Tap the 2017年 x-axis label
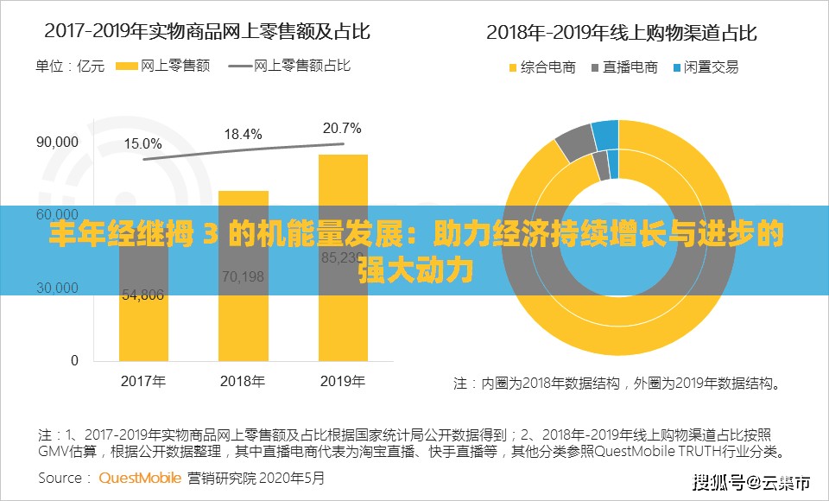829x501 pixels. [x=143, y=381]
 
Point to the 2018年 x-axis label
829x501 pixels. [x=243, y=381]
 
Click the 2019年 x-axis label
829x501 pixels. [x=343, y=381]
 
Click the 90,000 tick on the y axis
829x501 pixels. [x=57, y=142]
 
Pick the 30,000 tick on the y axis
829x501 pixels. [x=57, y=288]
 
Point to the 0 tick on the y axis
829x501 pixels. [x=74, y=360]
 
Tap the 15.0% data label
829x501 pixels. [x=142, y=143]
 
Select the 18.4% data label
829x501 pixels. [x=243, y=134]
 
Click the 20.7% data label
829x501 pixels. [x=342, y=129]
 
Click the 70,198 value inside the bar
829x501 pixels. [x=243, y=276]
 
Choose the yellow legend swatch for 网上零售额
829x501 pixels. [x=126, y=67]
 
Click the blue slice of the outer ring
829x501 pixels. [x=605, y=134]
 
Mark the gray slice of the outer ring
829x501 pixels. [x=573, y=143]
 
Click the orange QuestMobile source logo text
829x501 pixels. [x=140, y=477]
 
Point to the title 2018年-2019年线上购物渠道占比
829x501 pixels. [x=621, y=33]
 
